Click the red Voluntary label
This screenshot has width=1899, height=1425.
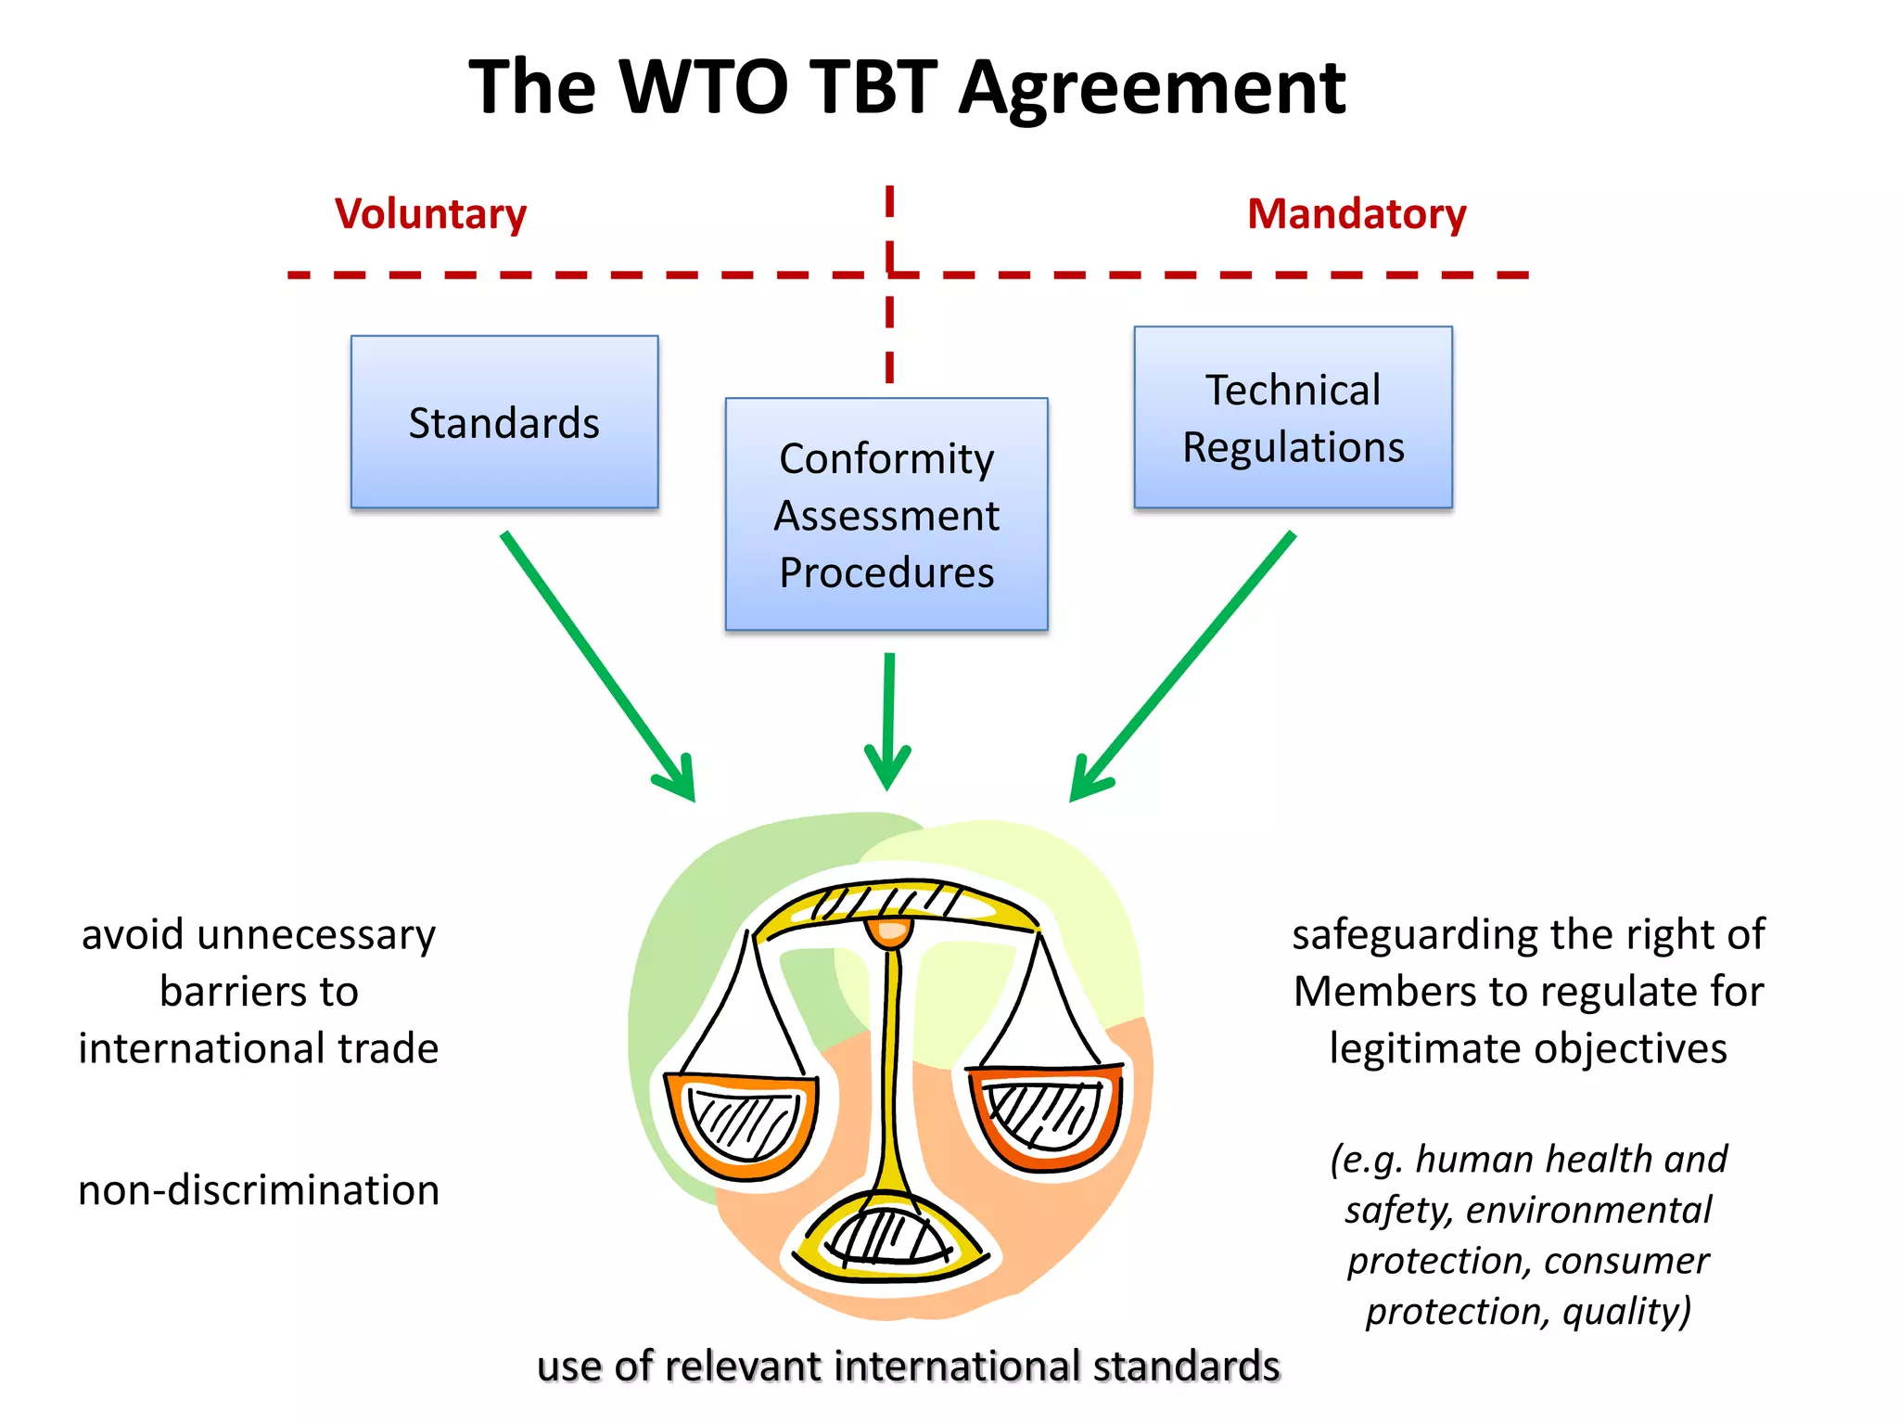pyautogui.click(x=430, y=214)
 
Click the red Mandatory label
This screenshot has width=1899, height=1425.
pyautogui.click(x=1356, y=214)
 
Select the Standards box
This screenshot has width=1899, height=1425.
pyautogui.click(x=504, y=422)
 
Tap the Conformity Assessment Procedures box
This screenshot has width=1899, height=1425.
pyautogui.click(x=886, y=515)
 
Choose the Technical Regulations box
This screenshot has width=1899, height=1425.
pyautogui.click(x=1293, y=417)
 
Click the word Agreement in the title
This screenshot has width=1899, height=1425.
pyautogui.click(x=1152, y=88)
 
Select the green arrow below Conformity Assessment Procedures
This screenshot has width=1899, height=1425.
pyautogui.click(x=888, y=719)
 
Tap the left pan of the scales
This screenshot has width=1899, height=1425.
pyautogui.click(x=742, y=1124)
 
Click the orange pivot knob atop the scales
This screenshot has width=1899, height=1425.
pyautogui.click(x=889, y=931)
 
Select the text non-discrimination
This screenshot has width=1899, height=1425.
pyautogui.click(x=259, y=1190)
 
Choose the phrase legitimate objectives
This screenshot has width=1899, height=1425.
pyautogui.click(x=1527, y=1049)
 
